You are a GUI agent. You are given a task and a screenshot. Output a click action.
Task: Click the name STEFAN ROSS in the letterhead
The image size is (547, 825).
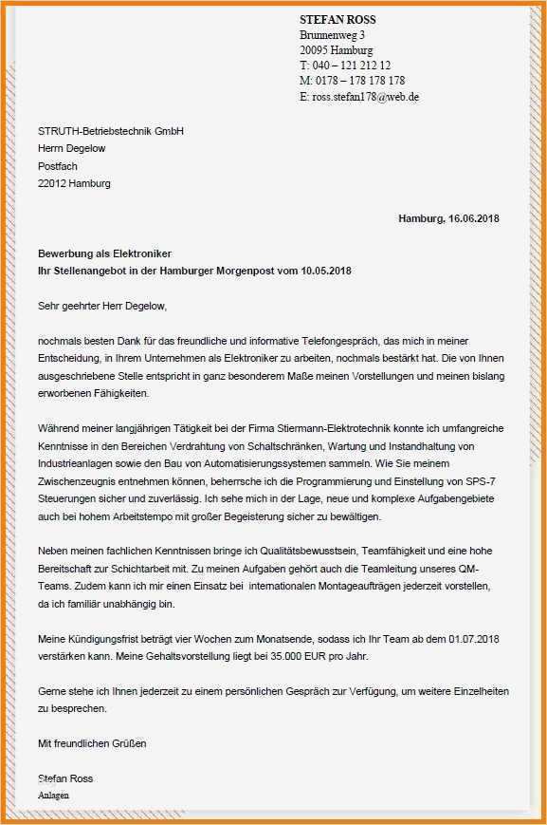point(337,20)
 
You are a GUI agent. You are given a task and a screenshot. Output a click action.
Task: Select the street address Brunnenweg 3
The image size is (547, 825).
point(332,35)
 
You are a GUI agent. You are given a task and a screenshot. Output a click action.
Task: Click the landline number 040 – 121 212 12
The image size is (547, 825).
point(351,66)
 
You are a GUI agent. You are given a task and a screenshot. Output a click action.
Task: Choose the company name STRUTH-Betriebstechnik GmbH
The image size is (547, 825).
point(110,131)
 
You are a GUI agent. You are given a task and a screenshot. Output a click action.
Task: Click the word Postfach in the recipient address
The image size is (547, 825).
point(58,166)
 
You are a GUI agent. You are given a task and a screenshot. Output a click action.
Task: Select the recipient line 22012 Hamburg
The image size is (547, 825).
point(74,184)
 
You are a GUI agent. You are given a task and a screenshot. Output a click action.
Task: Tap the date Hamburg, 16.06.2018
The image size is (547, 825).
point(448,219)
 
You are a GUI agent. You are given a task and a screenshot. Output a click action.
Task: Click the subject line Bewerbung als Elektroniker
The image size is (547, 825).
point(104,254)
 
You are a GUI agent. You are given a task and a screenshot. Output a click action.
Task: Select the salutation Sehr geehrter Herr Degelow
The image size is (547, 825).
point(102,307)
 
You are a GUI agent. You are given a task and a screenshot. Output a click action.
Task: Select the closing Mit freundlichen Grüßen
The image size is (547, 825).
point(92,743)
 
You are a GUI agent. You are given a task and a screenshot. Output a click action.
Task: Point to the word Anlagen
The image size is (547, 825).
point(54,795)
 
